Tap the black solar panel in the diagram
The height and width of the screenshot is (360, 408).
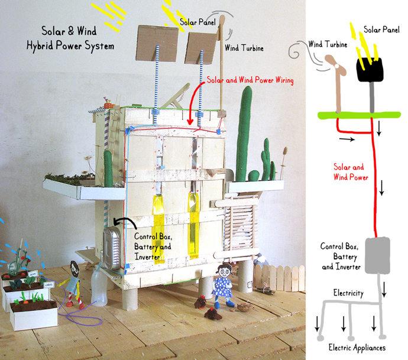pos(370,71)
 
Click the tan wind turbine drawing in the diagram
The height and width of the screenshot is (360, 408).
pos(337,83)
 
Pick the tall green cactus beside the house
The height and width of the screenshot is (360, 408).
pos(243,139)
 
